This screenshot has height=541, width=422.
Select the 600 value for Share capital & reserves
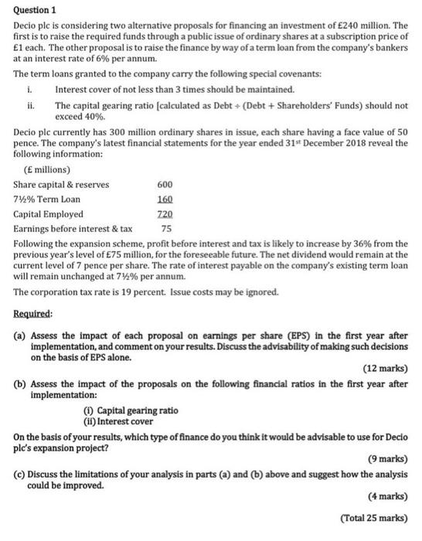165,185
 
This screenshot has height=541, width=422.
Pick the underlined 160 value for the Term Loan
165,199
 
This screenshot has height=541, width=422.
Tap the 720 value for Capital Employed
165,214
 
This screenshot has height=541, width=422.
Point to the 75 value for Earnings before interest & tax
165,229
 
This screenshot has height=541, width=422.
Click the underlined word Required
33,314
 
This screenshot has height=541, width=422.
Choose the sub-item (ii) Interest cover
121,420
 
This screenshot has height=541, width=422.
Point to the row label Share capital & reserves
61,185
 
